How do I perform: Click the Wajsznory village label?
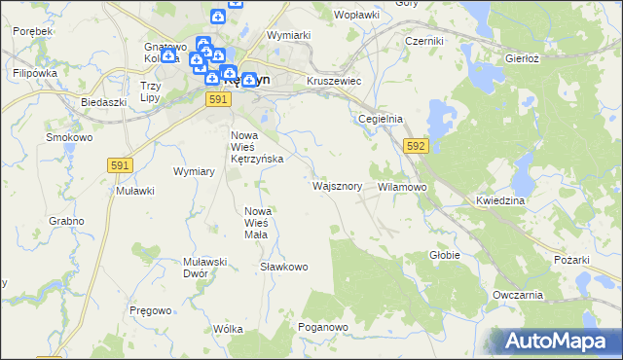(x=339, y=185)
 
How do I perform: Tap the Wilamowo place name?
(x=402, y=186)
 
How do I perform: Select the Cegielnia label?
(x=381, y=119)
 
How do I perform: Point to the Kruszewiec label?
(x=334, y=82)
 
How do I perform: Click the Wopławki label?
(x=356, y=16)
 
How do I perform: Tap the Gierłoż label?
(x=522, y=58)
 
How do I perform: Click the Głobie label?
(x=444, y=255)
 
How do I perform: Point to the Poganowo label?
(x=323, y=328)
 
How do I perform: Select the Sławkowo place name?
(x=284, y=267)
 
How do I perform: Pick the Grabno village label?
(x=66, y=221)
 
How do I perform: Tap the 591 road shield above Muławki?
(x=120, y=167)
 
